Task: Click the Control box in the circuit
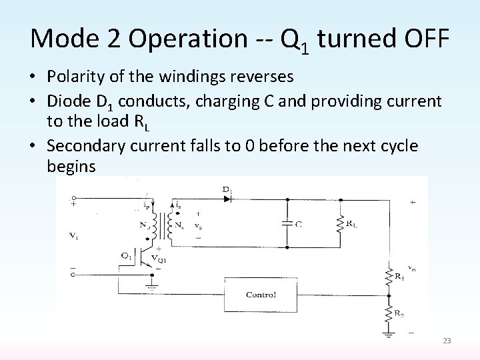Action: point(261,294)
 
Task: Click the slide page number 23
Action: point(447,341)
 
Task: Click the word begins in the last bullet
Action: point(71,166)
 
